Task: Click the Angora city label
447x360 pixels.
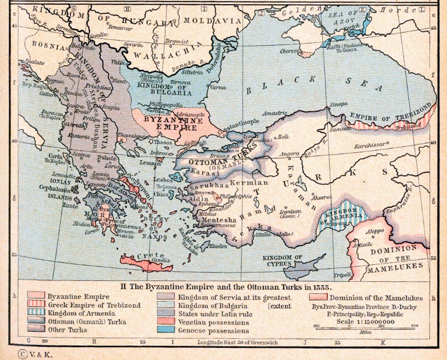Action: [x=289, y=153]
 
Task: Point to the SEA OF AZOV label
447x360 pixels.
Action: [x=341, y=15]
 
